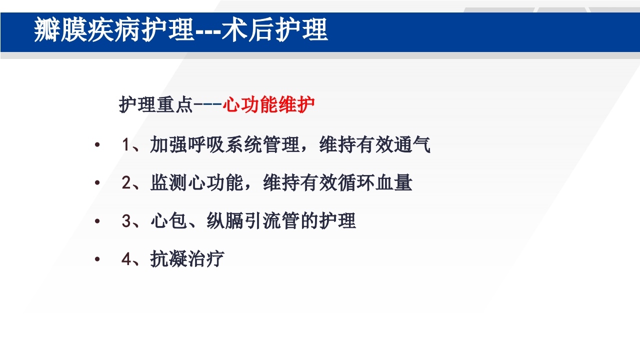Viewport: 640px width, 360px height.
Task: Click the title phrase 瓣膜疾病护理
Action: [x=113, y=30]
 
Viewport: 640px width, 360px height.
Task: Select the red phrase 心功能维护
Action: [x=268, y=105]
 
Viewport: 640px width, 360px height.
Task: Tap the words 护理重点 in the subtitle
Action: [x=155, y=105]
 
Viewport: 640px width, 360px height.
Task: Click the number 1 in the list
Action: [x=125, y=145]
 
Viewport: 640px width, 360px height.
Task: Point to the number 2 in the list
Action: [x=126, y=183]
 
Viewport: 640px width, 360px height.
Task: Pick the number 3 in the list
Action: [x=126, y=221]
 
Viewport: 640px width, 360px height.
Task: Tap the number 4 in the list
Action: [x=126, y=259]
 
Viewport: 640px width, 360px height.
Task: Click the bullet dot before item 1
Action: [x=97, y=145]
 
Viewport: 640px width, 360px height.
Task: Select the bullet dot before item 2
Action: [x=97, y=183]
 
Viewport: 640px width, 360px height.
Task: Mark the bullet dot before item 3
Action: [x=97, y=221]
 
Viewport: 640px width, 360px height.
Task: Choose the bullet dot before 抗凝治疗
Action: [x=97, y=259]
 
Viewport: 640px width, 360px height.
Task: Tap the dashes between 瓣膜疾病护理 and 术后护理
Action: [x=207, y=31]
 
